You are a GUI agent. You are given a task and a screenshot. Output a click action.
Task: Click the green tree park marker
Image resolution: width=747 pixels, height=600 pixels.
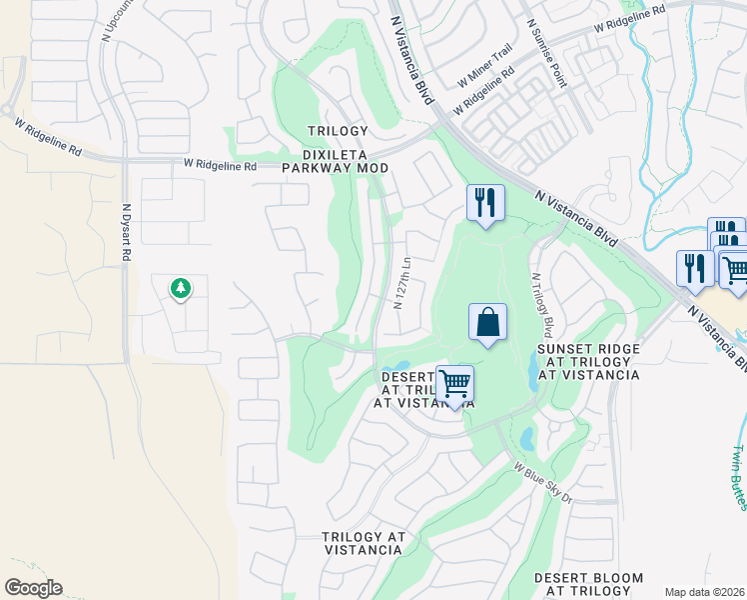(181, 289)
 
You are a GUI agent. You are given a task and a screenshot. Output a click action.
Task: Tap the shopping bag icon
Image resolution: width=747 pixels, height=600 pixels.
(487, 324)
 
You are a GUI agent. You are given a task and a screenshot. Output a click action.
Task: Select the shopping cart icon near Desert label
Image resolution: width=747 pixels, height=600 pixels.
(454, 383)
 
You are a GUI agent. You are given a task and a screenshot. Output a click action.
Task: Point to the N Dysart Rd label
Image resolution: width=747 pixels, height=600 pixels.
(127, 236)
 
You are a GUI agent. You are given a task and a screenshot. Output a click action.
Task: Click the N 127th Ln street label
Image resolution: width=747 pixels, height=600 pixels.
(403, 283)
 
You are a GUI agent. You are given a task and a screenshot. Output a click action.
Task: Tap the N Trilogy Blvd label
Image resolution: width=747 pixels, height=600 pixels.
(542, 305)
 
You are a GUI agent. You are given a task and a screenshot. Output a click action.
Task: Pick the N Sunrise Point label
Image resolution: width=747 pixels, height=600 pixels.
(547, 50)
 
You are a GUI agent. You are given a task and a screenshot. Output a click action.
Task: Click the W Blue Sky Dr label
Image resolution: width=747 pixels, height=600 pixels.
(543, 480)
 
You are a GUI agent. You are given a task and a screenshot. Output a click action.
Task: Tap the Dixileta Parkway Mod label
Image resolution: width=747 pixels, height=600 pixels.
(337, 162)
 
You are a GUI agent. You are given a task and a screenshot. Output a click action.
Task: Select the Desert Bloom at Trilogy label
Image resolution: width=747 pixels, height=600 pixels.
(588, 585)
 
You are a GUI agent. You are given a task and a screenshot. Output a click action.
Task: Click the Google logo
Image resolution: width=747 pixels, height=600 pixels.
(33, 588)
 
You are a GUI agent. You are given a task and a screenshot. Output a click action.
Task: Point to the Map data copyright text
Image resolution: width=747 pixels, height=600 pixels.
(704, 592)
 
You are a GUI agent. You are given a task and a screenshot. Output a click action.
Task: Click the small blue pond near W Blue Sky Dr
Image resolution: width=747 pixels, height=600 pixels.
(526, 439)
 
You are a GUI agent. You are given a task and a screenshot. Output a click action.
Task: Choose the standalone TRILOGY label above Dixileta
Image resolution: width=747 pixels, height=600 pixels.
(338, 131)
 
